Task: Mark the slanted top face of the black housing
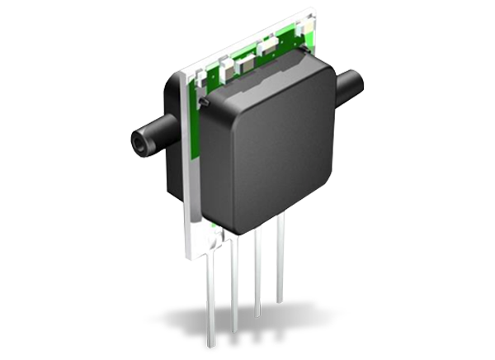coord(264,70)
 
